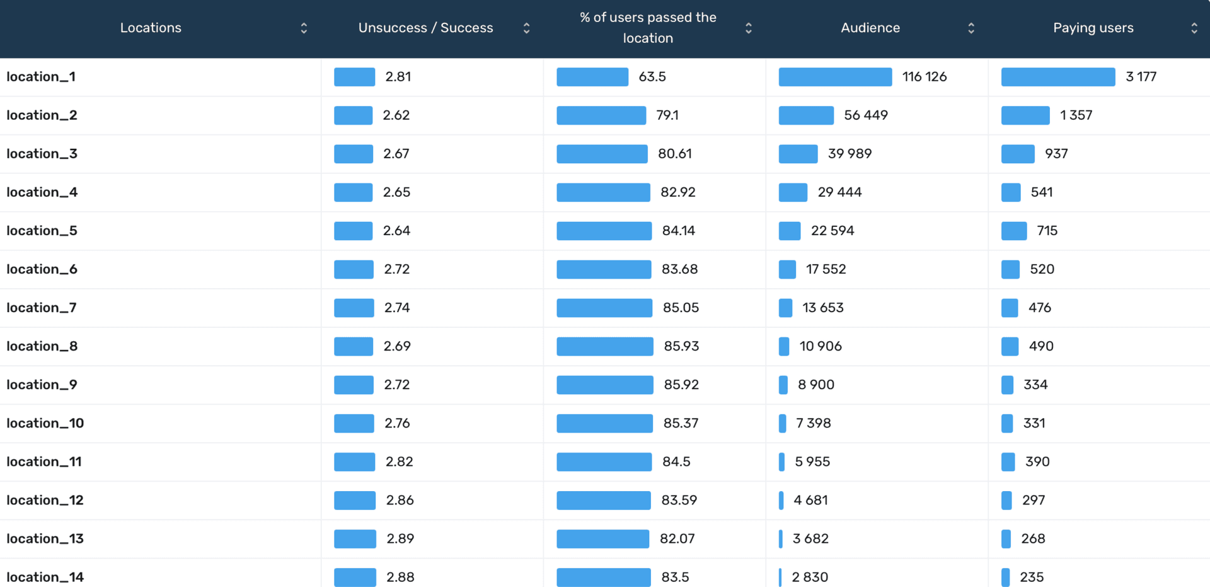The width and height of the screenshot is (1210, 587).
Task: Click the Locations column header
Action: click(x=151, y=28)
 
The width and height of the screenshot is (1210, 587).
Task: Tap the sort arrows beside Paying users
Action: click(x=1194, y=28)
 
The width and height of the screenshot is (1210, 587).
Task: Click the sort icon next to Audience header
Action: click(x=971, y=28)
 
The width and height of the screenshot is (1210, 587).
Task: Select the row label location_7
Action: click(x=42, y=308)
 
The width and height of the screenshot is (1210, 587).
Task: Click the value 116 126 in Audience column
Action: click(x=924, y=77)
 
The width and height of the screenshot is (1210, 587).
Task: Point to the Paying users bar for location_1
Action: click(x=1057, y=77)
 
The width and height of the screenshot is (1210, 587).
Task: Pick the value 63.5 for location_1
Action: click(x=652, y=77)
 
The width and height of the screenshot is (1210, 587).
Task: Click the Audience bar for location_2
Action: click(x=806, y=115)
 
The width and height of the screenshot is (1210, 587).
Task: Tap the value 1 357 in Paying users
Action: click(x=1076, y=115)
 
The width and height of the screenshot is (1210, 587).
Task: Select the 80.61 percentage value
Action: click(x=674, y=154)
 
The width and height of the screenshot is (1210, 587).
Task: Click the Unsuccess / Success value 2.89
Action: click(x=400, y=538)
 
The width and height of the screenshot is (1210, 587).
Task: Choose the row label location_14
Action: click(x=45, y=577)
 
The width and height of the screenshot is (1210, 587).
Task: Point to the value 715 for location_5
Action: click(x=1047, y=231)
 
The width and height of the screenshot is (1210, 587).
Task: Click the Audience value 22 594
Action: click(x=832, y=231)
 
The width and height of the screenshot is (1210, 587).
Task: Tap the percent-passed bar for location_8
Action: click(x=604, y=346)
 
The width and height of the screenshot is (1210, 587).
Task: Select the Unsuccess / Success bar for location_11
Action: click(x=354, y=462)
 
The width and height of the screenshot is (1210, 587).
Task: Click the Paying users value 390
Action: click(x=1037, y=462)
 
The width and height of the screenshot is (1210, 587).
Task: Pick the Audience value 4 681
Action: click(x=810, y=500)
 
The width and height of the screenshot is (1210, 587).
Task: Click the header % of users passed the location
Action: click(x=648, y=28)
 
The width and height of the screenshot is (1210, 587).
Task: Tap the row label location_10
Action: click(x=45, y=423)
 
